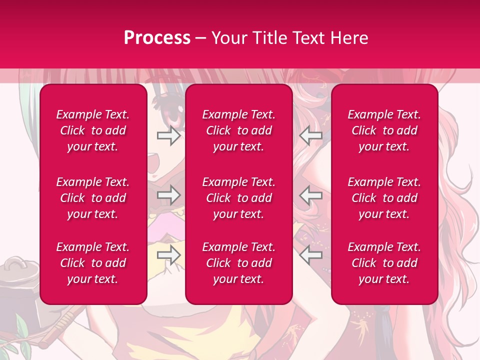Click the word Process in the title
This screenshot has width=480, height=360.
point(157,38)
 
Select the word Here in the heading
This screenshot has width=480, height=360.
point(349,38)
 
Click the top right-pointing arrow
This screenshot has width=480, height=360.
point(168,135)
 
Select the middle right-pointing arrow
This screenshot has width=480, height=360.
point(168,194)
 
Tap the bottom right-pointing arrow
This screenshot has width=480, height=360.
point(168,255)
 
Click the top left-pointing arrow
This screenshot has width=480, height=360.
point(310,135)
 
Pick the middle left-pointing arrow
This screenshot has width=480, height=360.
point(310,194)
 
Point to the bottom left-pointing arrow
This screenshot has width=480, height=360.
point(310,255)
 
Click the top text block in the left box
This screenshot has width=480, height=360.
point(93,130)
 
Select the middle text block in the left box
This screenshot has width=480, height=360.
point(93,198)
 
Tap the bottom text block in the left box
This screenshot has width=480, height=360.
point(93,263)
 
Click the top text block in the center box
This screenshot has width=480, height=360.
point(239,130)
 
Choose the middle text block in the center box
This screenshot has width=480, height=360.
point(239,198)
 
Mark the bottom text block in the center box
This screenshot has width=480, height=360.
point(239,263)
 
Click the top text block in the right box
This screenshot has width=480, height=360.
point(384,130)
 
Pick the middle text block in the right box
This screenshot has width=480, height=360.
point(384,198)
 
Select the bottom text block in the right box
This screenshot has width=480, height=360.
point(384,263)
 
